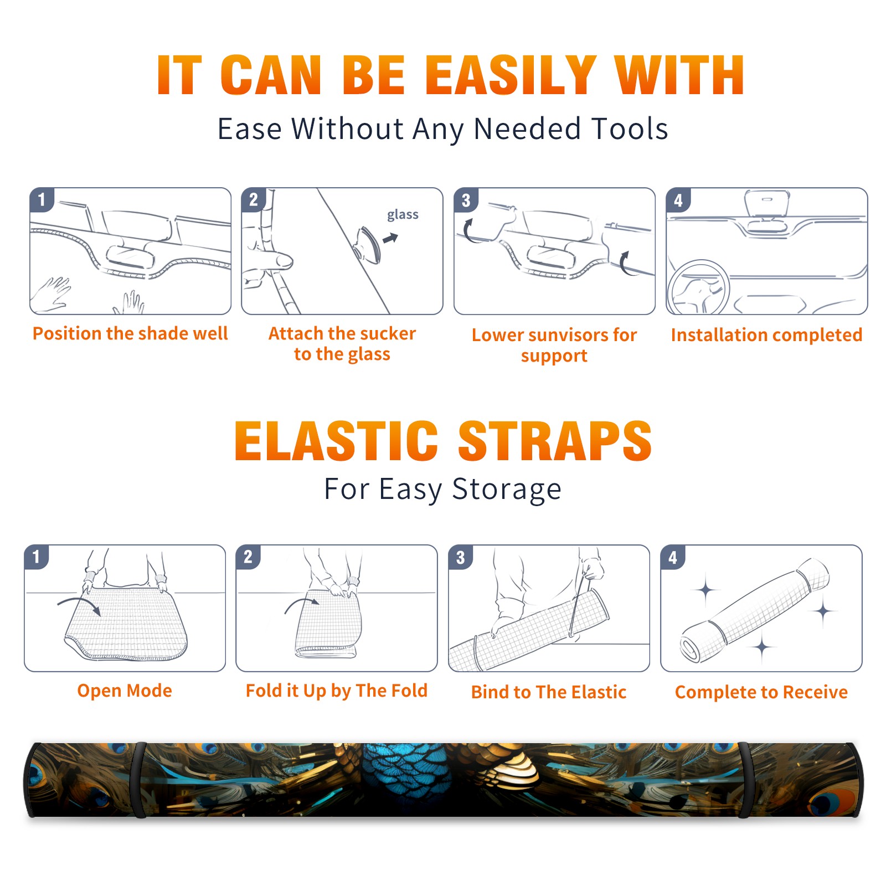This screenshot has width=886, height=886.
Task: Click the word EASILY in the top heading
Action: [x=511, y=75]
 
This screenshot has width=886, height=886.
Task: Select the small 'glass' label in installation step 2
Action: [x=403, y=214]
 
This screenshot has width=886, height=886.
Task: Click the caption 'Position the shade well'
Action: [x=130, y=333]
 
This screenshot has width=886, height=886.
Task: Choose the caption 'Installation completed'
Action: [x=766, y=334]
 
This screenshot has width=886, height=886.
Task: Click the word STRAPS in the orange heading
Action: [x=555, y=441]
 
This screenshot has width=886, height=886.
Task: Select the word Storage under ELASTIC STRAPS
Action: [x=507, y=490]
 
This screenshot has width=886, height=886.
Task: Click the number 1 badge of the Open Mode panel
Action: [x=37, y=557]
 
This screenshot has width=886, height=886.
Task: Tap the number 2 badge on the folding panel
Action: [x=248, y=557]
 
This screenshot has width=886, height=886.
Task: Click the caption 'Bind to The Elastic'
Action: [x=548, y=692]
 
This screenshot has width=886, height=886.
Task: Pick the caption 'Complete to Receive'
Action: [x=761, y=692]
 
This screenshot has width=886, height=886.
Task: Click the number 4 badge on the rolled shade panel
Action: [x=673, y=557]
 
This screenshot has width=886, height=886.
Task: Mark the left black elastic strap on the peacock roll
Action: [x=139, y=780]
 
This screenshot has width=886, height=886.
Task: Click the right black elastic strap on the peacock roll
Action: [x=746, y=780]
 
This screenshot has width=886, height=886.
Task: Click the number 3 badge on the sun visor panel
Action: [x=466, y=200]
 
